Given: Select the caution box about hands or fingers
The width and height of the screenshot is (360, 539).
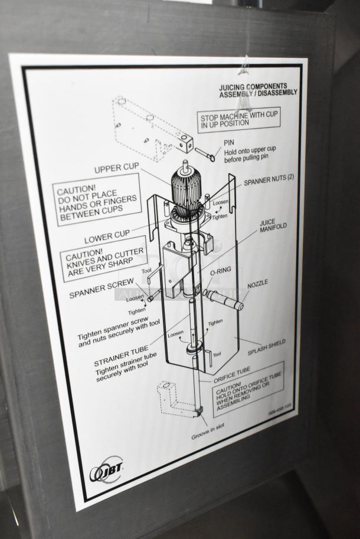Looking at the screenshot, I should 97,200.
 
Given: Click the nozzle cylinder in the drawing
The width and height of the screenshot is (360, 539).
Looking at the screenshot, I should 224,299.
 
